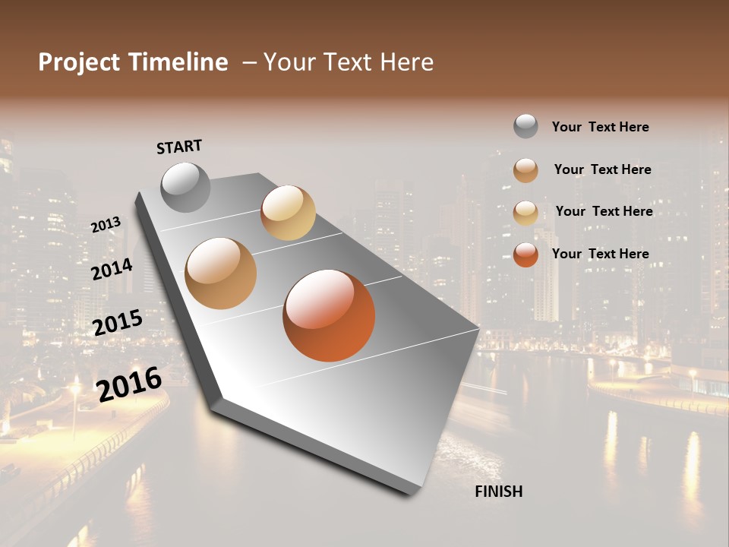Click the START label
coord(179,147)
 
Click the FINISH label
coord(498,492)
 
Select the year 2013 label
coord(106,224)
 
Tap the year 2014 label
coord(112,269)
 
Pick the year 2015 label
coord(118,323)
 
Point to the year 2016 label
coord(129,384)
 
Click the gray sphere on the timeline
coord(185,187)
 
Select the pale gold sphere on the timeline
coord(288,213)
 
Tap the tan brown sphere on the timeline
coord(221,273)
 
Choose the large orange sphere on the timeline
coord(329,315)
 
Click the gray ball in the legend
coord(525,127)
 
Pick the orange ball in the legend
coord(525,255)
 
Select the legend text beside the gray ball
coord(600,127)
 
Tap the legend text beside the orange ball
coord(600,254)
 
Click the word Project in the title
coord(79,62)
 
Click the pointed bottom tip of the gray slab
coord(411,493)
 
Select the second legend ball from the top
coord(525,170)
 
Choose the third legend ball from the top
coord(525,212)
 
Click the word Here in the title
coord(406,62)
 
